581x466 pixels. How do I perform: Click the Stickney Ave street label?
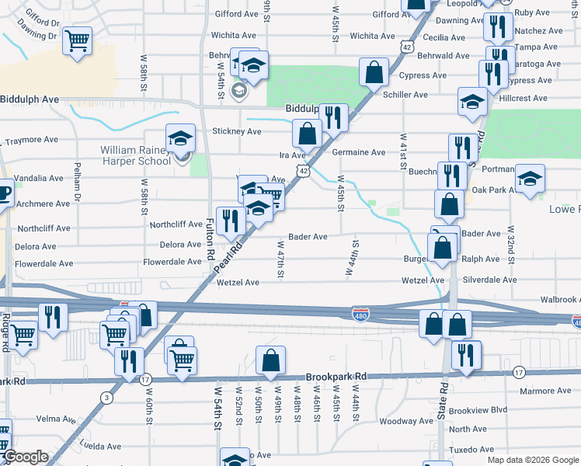(x=237, y=132)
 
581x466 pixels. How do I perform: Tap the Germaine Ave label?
(x=359, y=152)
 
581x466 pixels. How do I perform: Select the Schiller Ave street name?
(x=405, y=95)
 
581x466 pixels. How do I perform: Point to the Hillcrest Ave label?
(x=524, y=99)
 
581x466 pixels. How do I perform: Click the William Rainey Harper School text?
(x=134, y=155)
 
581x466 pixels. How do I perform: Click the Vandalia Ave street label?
(x=37, y=178)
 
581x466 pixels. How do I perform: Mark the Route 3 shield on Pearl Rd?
(x=106, y=398)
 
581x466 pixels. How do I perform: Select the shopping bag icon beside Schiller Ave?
(x=374, y=73)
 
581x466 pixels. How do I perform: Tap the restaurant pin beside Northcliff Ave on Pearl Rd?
(x=229, y=221)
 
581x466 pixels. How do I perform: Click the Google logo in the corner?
(x=25, y=457)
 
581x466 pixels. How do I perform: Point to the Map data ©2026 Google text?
(x=533, y=460)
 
